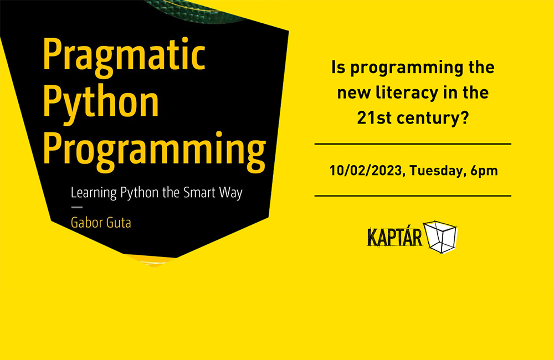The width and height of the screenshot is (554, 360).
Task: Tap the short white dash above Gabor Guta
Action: [76, 208]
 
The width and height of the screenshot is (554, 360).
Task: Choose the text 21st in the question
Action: [373, 117]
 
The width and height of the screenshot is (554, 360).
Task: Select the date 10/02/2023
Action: [365, 171]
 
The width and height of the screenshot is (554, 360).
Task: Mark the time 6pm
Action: [484, 171]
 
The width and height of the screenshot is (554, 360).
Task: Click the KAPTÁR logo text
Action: [394, 236]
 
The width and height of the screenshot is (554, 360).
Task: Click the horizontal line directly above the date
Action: [413, 144]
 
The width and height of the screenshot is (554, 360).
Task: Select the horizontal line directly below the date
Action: [413, 196]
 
